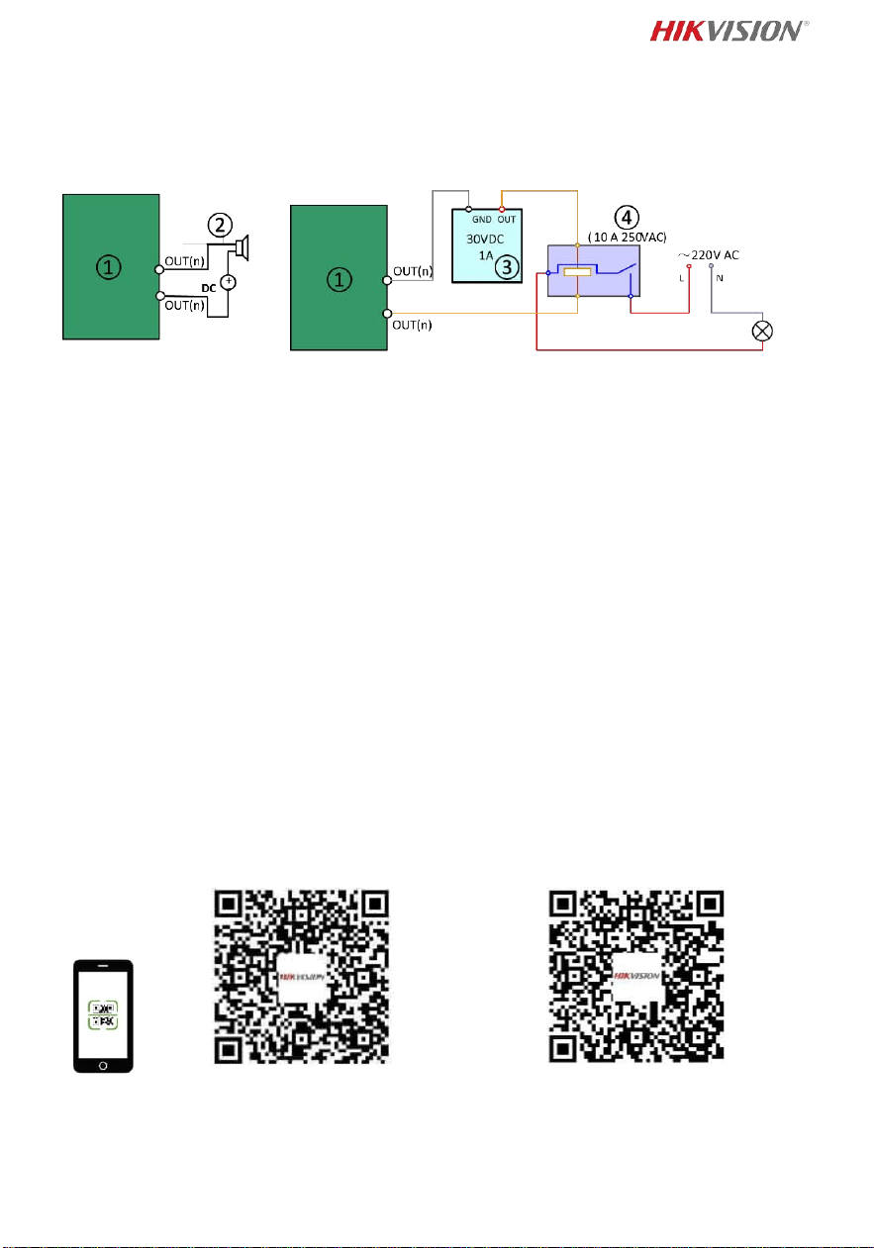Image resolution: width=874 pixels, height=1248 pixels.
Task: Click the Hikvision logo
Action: [x=729, y=32]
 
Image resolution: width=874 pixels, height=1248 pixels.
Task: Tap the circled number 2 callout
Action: [x=220, y=225]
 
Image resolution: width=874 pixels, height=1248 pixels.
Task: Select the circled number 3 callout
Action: [x=507, y=267]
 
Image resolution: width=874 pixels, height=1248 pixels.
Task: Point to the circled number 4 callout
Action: [x=627, y=218]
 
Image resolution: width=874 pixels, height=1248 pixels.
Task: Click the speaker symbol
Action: [x=242, y=248]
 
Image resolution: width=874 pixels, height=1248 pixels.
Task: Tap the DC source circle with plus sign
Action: [x=229, y=282]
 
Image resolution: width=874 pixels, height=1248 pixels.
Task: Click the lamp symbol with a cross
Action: [x=762, y=331]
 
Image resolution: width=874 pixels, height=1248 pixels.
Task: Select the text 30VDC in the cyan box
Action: [x=485, y=240]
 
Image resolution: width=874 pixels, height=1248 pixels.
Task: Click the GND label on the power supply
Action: [x=482, y=220]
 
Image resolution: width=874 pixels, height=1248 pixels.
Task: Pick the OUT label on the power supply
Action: [x=507, y=220]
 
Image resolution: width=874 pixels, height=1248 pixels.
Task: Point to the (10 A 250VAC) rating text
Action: [x=628, y=238]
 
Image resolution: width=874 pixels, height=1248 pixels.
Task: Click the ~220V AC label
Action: [x=709, y=255]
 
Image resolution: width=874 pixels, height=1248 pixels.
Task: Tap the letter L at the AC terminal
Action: [x=681, y=278]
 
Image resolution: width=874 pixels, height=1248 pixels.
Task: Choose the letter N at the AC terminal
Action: [x=720, y=278]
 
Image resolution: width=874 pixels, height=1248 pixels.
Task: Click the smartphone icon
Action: [x=103, y=1015]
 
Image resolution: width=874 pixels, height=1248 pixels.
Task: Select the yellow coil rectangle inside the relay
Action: [x=577, y=272]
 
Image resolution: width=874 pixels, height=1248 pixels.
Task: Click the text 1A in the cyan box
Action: [x=486, y=255]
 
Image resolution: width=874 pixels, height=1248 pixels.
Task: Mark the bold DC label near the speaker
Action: [x=209, y=288]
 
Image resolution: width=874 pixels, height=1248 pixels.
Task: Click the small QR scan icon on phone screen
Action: [x=103, y=1015]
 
